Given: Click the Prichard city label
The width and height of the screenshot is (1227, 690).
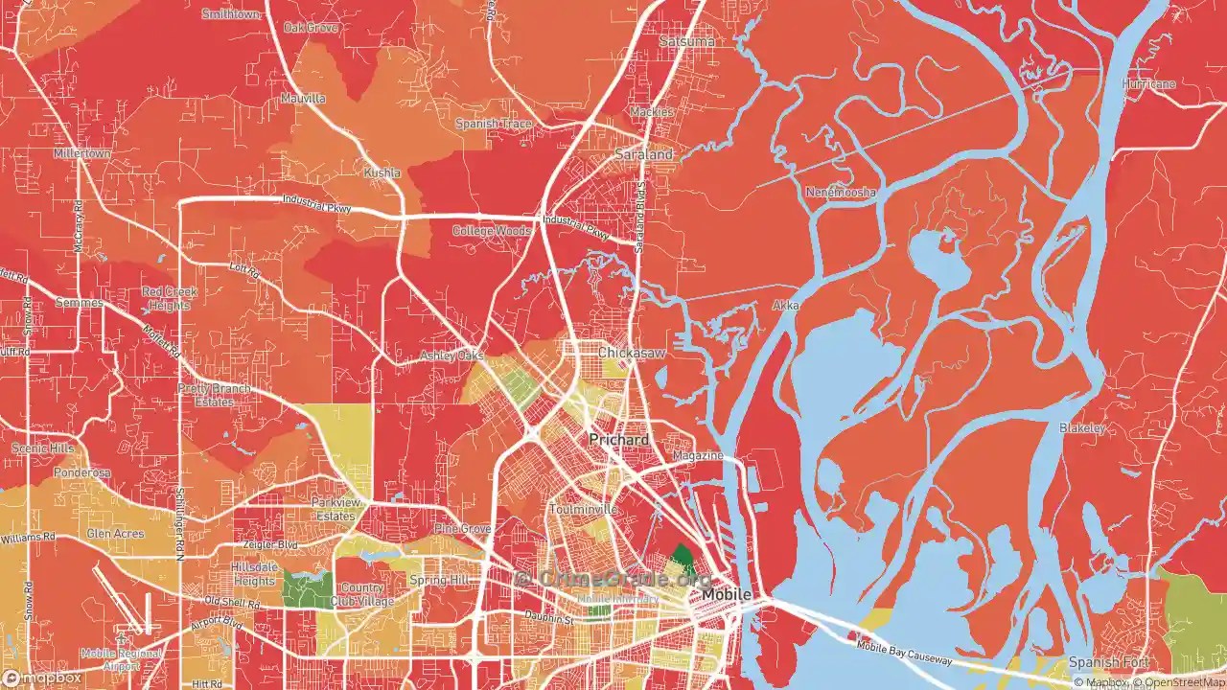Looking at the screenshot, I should [x=618, y=440].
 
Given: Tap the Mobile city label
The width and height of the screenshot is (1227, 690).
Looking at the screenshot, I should [x=727, y=595].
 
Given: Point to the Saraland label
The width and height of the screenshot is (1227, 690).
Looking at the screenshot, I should [x=644, y=154].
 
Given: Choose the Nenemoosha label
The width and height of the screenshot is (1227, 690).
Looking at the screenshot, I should [x=841, y=193].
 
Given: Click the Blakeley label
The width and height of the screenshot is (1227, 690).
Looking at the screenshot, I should [x=1082, y=428].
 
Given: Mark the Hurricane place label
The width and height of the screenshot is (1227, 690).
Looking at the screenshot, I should [x=1148, y=84].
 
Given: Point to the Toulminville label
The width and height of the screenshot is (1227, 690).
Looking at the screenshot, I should [x=583, y=510].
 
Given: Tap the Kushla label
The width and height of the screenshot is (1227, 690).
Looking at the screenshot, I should [x=382, y=172].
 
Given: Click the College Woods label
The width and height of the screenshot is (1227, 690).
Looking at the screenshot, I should [x=491, y=231].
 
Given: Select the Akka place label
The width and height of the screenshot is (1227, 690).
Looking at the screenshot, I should [x=785, y=307].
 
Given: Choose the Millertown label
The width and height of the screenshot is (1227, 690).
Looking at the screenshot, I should [x=82, y=153].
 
